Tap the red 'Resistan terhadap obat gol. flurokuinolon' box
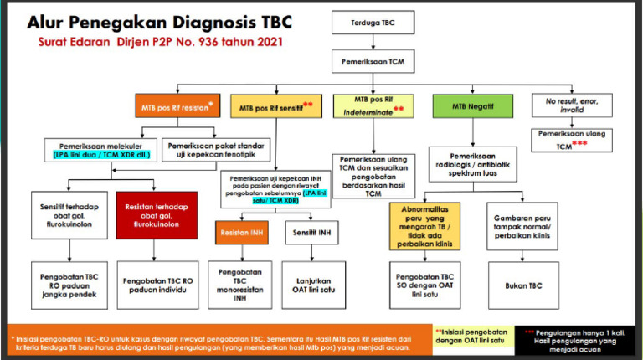point(157,214)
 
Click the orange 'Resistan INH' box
point(242,231)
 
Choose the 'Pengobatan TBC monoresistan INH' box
point(242,284)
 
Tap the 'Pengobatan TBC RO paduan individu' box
point(157,284)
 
